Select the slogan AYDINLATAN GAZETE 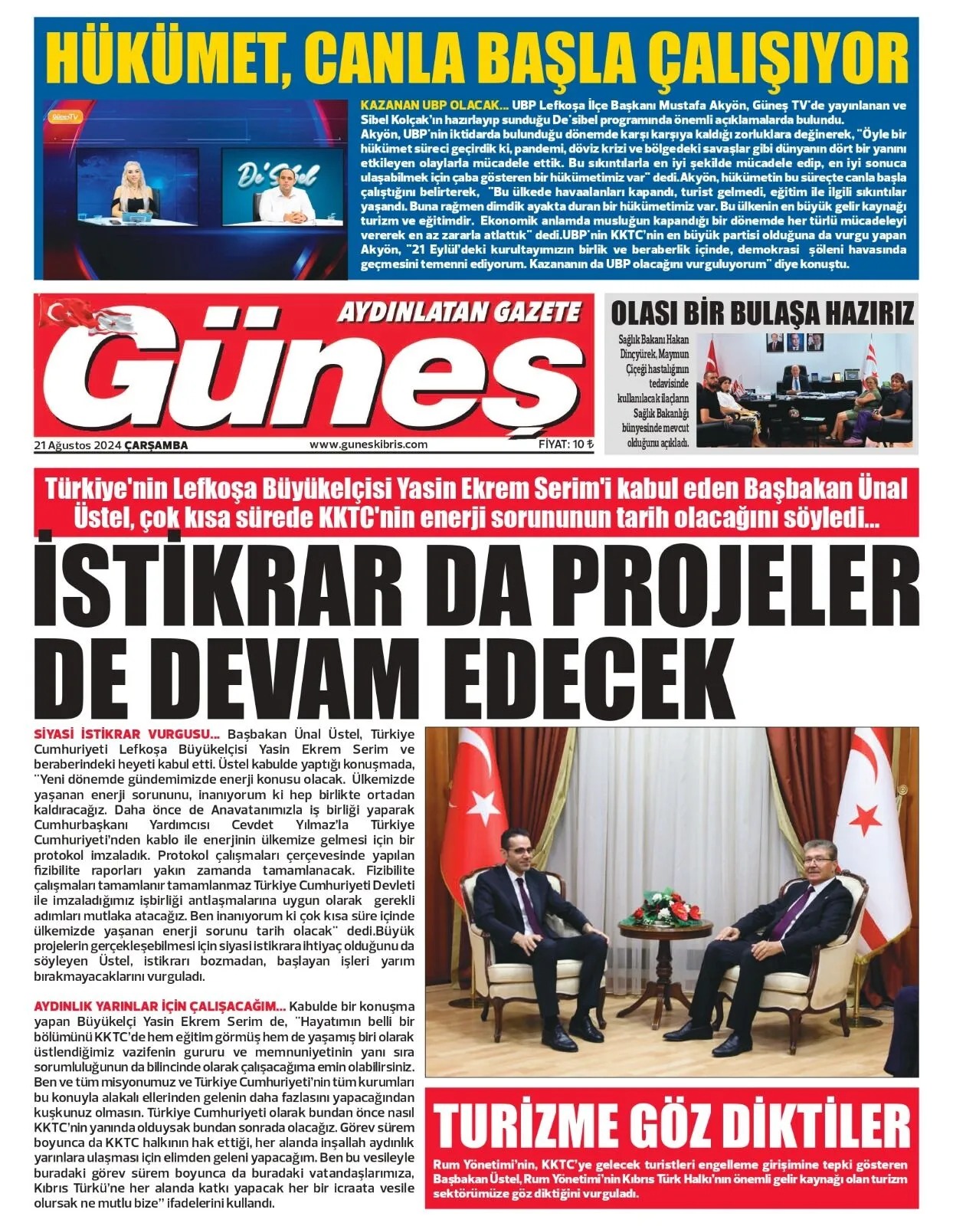click(x=460, y=312)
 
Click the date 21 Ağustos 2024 click(x=77, y=445)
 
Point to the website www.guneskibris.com click(x=368, y=444)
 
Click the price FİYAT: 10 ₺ click(x=565, y=444)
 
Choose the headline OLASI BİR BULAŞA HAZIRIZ click(x=761, y=313)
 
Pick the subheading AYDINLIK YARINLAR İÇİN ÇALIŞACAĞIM click(x=160, y=1005)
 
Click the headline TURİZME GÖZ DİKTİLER click(x=672, y=1125)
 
